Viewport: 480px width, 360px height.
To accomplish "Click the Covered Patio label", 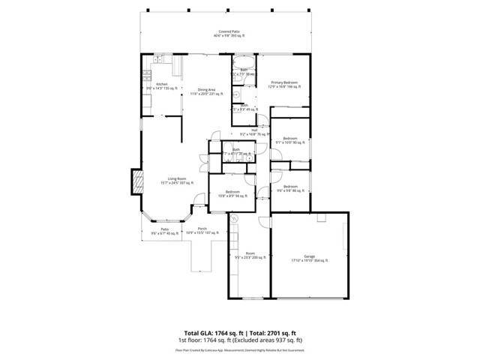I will click(229, 34).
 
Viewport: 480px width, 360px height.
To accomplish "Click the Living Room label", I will click(177, 180).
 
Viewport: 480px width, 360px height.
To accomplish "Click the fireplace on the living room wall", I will click(137, 182).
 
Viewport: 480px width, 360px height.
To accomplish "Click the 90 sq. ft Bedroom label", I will click(289, 140).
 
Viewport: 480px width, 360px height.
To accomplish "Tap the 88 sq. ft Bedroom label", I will click(289, 188).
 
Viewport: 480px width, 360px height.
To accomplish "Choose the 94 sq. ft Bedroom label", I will click(232, 193).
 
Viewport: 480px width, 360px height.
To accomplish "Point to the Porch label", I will click(202, 230).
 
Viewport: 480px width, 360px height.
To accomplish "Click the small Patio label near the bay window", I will click(164, 231).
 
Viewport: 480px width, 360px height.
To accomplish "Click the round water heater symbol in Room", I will click(233, 218).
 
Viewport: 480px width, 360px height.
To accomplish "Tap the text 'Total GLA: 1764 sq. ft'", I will click(211, 332).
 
